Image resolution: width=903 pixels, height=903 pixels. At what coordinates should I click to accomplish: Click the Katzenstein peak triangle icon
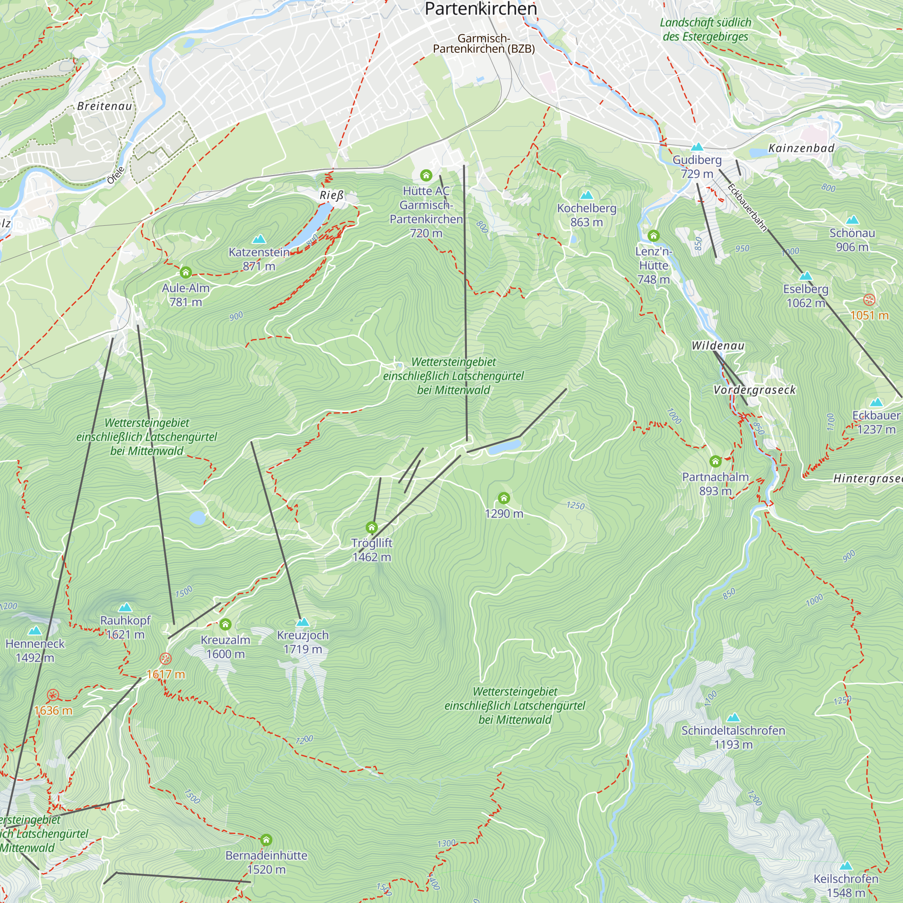tap(259, 239)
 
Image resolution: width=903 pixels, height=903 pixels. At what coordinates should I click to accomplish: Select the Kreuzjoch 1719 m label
tap(303, 642)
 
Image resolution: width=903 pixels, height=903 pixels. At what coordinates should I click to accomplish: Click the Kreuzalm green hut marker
tap(225, 624)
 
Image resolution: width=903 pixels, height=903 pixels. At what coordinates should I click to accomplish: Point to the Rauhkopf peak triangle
tap(125, 608)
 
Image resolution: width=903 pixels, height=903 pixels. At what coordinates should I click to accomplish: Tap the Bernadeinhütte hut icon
tap(266, 840)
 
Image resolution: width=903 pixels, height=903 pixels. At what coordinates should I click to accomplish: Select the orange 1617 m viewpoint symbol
tap(165, 659)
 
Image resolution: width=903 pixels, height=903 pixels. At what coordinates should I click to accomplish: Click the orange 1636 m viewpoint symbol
tap(53, 695)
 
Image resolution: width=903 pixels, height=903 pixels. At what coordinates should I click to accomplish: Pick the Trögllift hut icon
tap(372, 528)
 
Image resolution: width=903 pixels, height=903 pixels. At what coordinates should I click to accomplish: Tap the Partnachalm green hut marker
tap(715, 462)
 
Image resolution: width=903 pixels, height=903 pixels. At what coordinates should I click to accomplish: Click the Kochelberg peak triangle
tap(586, 195)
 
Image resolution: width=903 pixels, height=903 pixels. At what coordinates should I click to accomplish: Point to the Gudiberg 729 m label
tap(697, 167)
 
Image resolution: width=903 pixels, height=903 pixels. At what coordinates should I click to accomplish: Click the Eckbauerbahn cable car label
tap(747, 208)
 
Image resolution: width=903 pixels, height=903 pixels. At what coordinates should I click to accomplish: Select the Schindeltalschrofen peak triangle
tap(733, 717)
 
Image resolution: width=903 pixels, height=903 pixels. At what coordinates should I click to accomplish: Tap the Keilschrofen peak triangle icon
tap(846, 866)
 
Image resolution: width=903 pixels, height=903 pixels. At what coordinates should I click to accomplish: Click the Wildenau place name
tap(718, 346)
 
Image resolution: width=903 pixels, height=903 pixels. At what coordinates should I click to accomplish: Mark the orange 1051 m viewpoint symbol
tap(869, 300)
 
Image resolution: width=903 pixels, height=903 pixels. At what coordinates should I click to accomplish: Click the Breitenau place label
tap(105, 106)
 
